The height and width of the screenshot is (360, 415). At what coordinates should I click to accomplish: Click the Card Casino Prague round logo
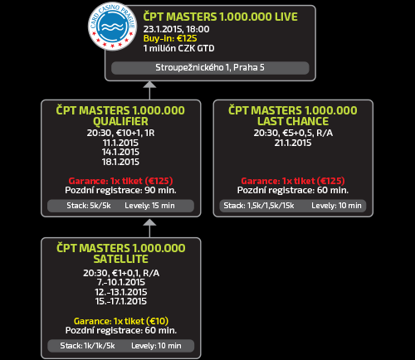pos(112,27)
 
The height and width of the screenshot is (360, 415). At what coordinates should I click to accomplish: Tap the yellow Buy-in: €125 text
pos(170,38)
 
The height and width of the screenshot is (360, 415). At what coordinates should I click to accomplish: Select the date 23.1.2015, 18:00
pos(176,29)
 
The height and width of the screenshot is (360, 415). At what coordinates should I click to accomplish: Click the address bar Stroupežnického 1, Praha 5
pos(210,68)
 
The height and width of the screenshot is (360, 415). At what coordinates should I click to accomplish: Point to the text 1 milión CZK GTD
pos(178,48)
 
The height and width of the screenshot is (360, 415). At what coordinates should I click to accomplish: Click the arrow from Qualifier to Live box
pos(149,90)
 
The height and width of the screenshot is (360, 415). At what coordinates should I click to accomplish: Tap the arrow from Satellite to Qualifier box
pos(149,228)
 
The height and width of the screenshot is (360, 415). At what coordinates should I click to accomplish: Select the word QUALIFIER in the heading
pos(120,121)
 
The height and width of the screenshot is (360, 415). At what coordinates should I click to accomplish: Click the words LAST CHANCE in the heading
pos(293,121)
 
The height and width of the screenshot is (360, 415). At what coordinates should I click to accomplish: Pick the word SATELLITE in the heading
pos(121,259)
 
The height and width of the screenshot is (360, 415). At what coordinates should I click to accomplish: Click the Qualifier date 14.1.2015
pos(120,152)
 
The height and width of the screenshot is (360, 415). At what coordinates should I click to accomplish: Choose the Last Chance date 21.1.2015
pos(293,143)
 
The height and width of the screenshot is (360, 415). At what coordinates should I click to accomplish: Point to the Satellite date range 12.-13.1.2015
pos(121,292)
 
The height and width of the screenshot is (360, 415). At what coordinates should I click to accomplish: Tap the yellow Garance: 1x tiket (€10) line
pos(121,321)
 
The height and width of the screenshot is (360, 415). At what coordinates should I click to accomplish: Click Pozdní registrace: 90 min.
pos(120,190)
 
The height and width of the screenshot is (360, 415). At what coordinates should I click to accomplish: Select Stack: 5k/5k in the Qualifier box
pos(89,206)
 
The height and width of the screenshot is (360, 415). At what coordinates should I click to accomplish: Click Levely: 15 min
pos(149,206)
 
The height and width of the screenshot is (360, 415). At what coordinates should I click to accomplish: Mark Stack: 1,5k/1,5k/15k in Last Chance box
pos(259,206)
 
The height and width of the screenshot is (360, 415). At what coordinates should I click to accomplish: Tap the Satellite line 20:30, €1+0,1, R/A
pos(121,273)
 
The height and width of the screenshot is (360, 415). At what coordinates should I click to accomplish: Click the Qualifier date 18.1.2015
pos(120,162)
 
